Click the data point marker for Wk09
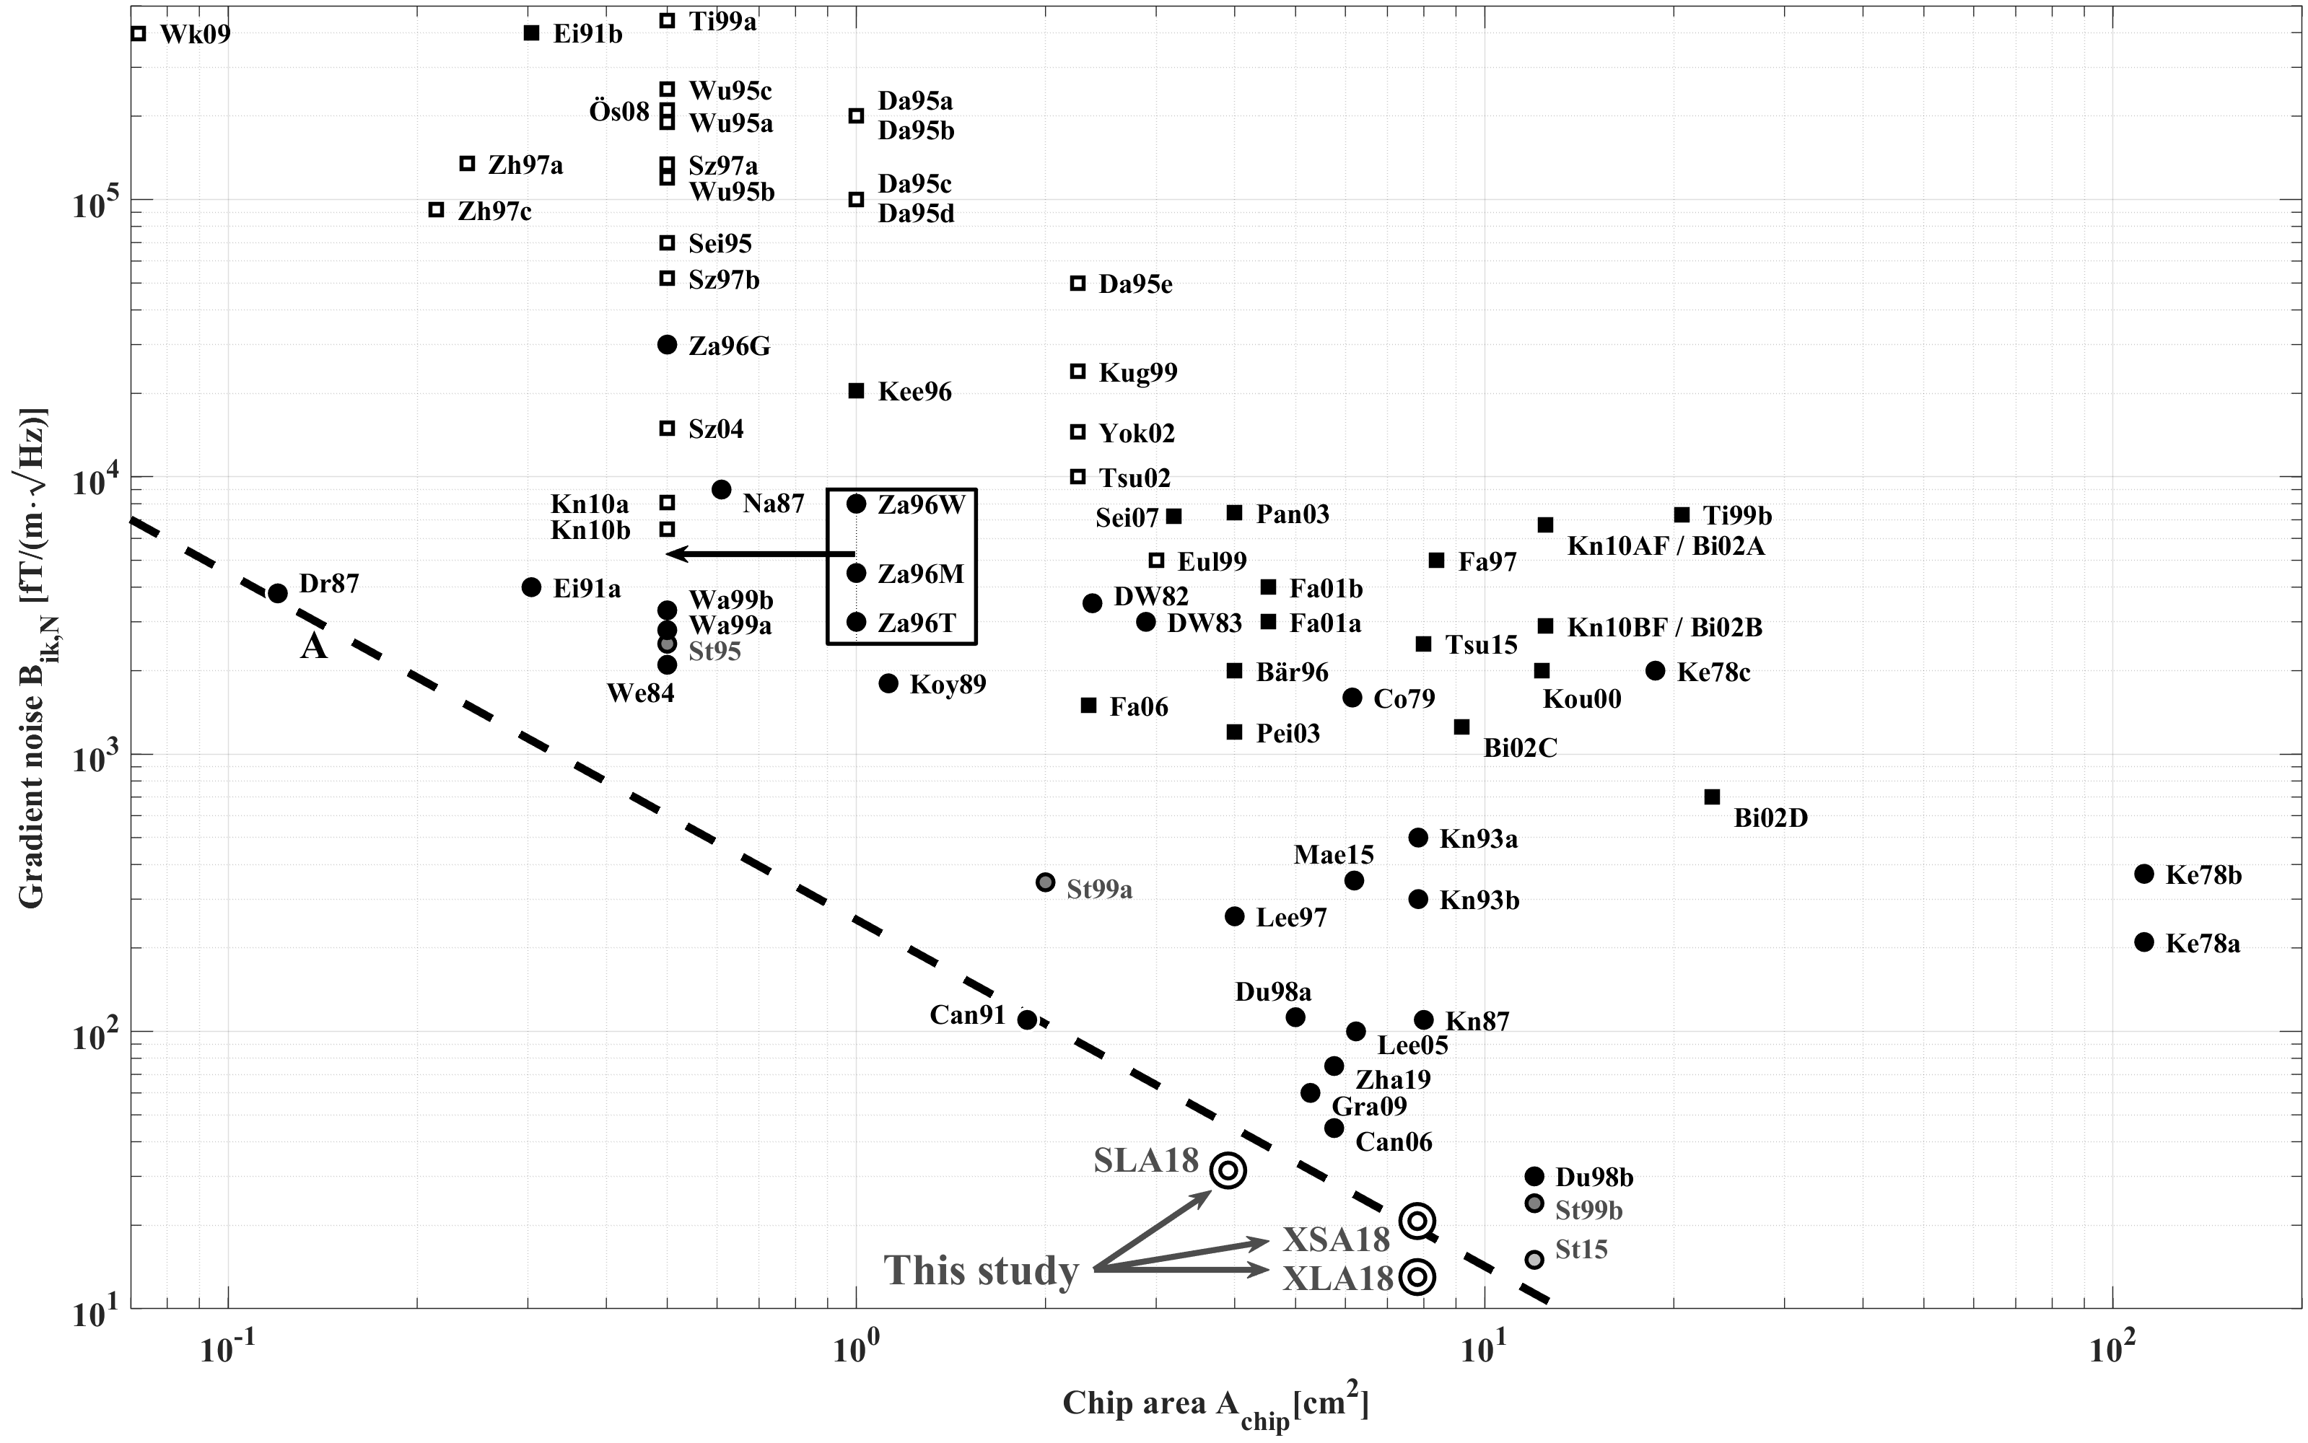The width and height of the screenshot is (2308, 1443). pos(139,33)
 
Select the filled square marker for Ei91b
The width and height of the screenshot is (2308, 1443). pos(532,33)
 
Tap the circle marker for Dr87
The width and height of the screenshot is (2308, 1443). pos(278,592)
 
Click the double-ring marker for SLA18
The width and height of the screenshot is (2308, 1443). pos(1228,1170)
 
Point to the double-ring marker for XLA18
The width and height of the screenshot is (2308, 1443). pos(1418,1276)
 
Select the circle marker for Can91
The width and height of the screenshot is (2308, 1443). pos(1027,1019)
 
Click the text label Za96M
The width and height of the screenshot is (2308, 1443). pos(920,574)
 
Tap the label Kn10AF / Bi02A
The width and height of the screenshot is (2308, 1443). pos(1666,546)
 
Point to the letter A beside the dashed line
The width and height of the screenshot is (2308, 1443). pos(314,647)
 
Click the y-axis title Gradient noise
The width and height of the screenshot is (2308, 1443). pos(32,659)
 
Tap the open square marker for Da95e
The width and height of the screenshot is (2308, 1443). pos(1077,283)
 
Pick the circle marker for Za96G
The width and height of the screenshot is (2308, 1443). pos(667,345)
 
